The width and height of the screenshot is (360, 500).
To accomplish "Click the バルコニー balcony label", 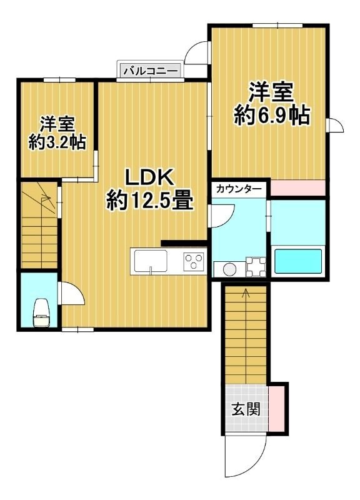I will (150, 71).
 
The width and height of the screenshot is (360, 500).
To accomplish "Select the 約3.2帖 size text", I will (57, 142).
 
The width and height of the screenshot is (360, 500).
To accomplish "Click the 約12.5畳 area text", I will (148, 200).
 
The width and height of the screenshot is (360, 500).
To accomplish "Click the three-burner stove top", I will (194, 260).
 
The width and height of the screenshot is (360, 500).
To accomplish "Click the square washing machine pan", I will (256, 267).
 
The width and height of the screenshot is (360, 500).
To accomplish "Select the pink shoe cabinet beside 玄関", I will (277, 409).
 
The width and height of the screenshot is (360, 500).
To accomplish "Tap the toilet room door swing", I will (71, 295).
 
